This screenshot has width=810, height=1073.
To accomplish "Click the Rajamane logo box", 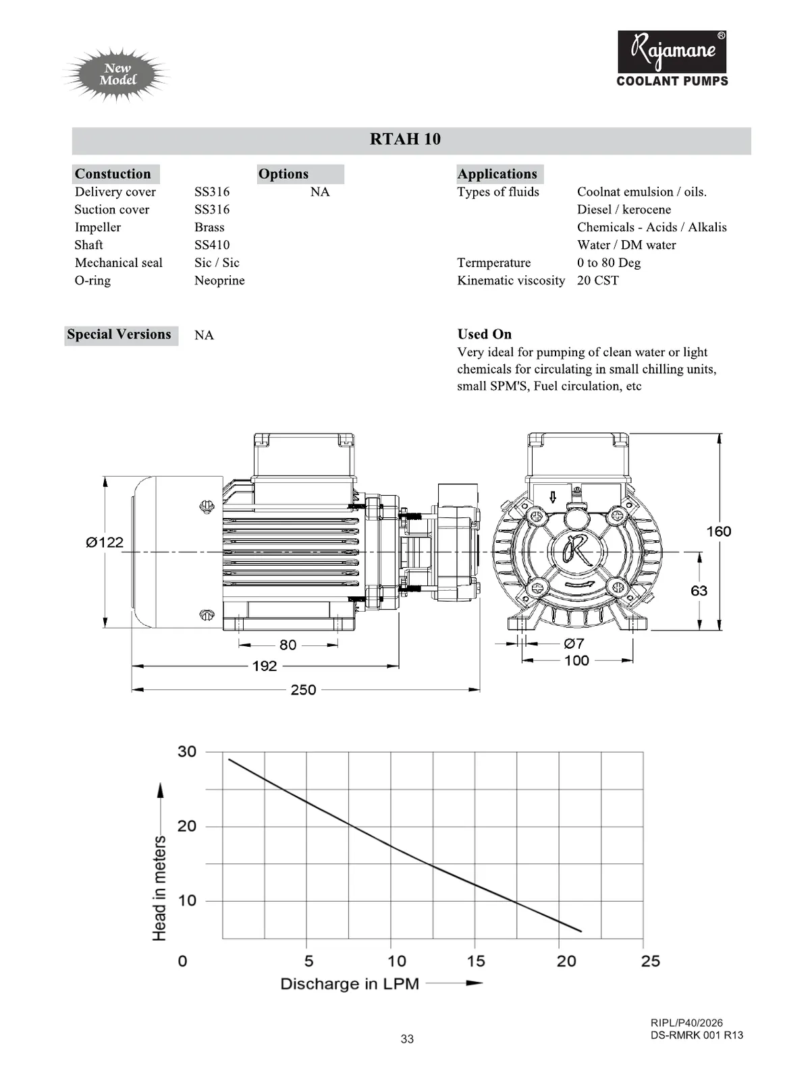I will pos(672,52).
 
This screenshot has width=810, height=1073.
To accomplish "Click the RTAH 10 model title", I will pos(405,139).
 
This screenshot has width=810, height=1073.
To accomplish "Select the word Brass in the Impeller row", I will pos(209,227).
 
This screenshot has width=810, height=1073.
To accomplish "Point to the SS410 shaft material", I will pos(212,245).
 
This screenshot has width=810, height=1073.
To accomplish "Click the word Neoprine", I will pos(219,281).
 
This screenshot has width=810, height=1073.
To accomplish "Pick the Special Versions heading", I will pos(119,335).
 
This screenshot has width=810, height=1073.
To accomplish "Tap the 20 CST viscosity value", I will pos(597,281).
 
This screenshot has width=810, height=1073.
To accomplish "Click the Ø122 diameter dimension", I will pos(105,542).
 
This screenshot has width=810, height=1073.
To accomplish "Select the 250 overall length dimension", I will pos(303,689).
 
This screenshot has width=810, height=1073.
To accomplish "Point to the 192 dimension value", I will pos(265,666).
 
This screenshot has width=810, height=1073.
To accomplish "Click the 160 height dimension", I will pos(718,531).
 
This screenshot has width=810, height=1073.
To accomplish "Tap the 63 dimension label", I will pos(699,591).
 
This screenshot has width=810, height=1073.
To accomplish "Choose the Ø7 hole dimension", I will pos(574,643).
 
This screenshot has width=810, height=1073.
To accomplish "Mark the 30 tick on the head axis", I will pos(187,751).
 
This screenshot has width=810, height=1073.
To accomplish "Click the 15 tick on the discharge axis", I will pos(476,961).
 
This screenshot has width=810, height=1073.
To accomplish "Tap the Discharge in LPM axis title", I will pos(350,984).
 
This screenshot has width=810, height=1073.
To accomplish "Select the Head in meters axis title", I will pos(159,888).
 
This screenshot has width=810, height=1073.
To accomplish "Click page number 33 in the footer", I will pos(407,1039).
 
